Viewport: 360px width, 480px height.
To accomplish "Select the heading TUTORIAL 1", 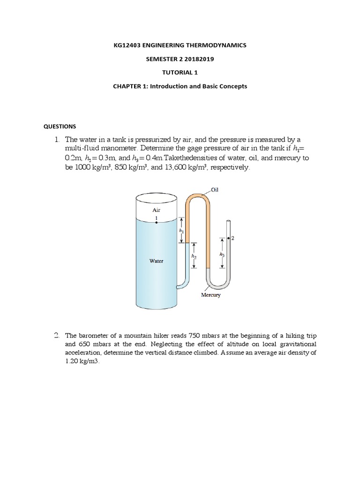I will (x=180, y=73).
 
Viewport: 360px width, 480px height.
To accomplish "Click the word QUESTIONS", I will (x=60, y=127).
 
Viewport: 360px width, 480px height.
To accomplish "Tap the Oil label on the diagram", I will (x=215, y=190).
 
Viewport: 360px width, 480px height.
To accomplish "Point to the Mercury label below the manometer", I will (x=210, y=295).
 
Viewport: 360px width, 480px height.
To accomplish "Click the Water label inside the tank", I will (x=156, y=261).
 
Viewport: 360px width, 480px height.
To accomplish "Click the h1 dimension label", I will (x=181, y=231).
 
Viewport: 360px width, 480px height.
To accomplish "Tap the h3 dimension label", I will (x=222, y=254).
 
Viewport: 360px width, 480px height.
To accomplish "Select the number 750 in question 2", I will (x=194, y=336).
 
